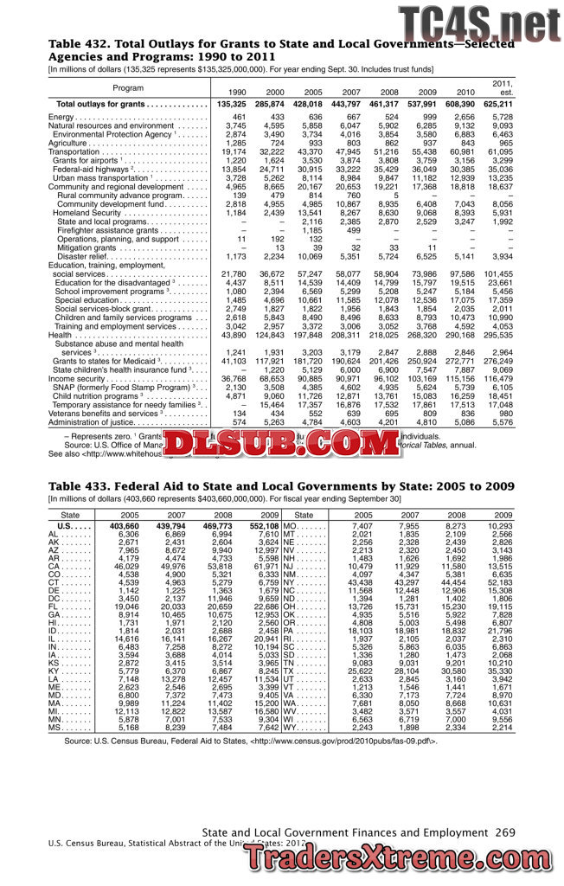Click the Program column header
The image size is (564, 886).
[x=128, y=87]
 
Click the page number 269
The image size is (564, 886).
[x=506, y=831]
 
